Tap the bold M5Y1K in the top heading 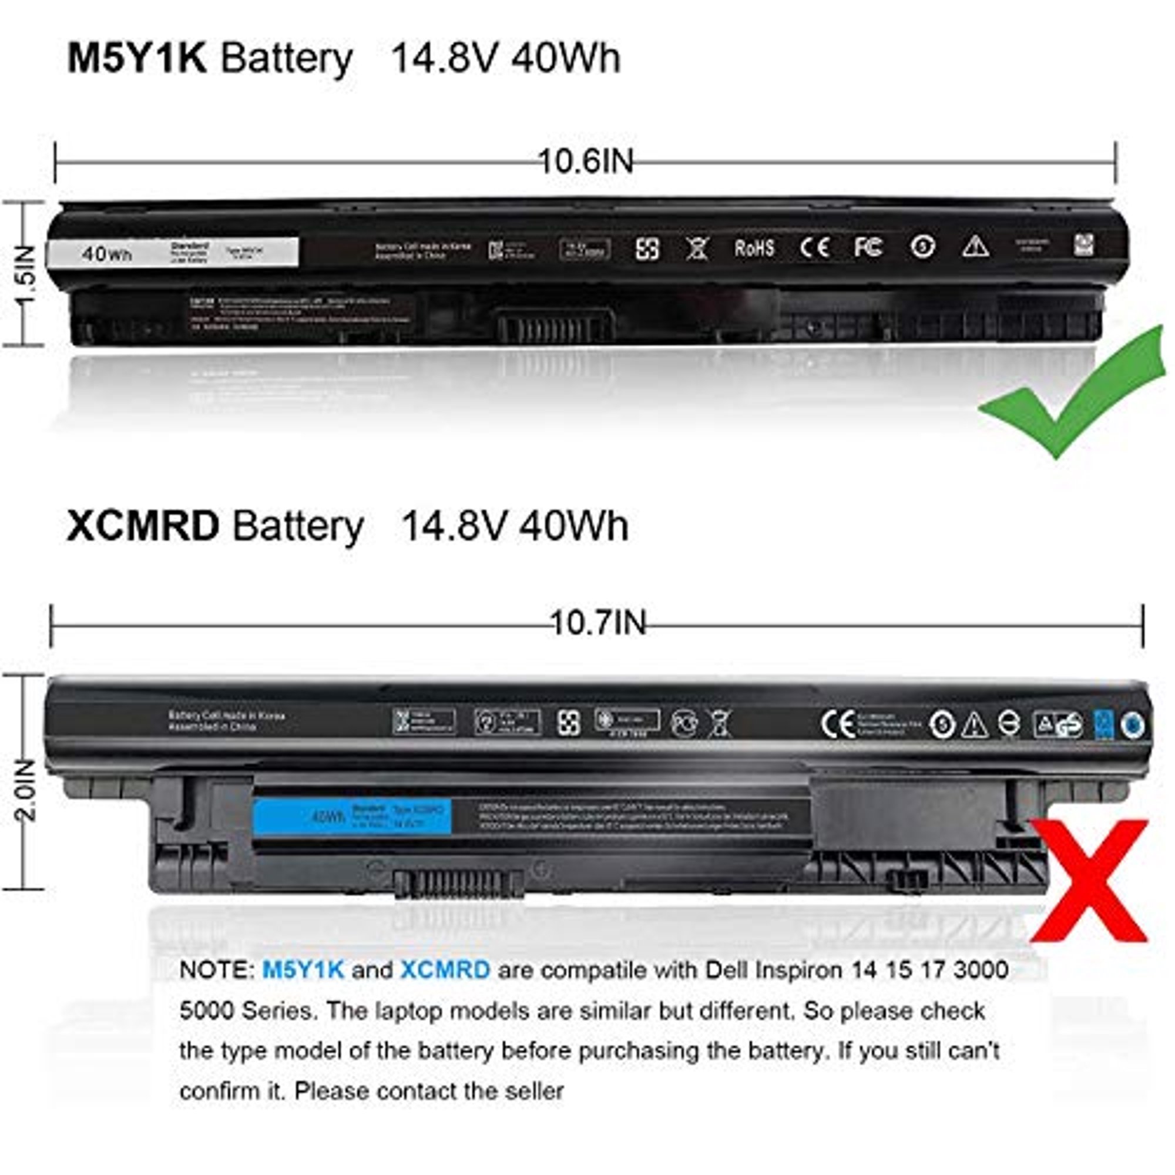[137, 58]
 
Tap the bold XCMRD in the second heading [142, 525]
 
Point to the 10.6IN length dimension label [586, 162]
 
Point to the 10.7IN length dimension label [598, 623]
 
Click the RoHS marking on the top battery [754, 248]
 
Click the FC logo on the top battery [868, 247]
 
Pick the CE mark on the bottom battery [838, 724]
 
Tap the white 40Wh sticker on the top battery [173, 252]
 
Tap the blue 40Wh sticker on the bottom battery [352, 816]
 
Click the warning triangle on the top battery [975, 247]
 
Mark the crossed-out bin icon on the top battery [697, 248]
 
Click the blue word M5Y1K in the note [303, 969]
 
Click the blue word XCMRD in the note [445, 969]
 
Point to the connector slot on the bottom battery [459, 884]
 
